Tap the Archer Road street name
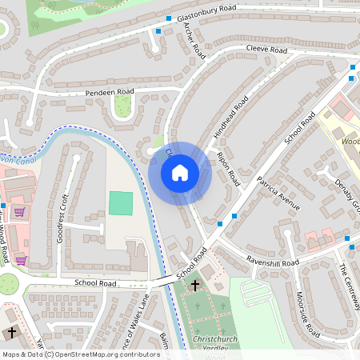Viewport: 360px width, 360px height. tap(194, 39)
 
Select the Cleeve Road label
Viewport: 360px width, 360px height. tap(266, 50)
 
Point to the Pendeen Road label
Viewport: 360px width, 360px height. tap(109, 93)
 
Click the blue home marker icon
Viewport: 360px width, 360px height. tap(180, 173)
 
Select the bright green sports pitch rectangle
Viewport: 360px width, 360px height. tap(121, 203)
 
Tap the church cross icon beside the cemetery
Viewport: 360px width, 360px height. tap(195, 284)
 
